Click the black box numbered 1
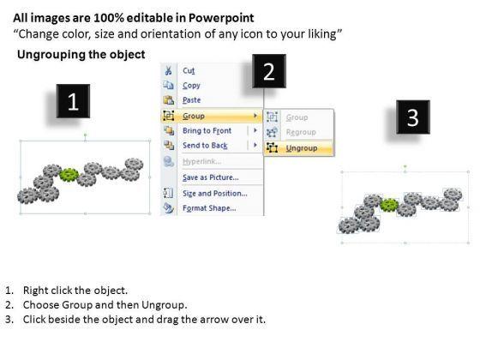coord(73,101)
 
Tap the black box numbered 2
coord(269,71)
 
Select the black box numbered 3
coord(413,117)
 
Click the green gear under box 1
coord(69,175)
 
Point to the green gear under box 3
coord(389,205)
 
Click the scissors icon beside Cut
coord(168,70)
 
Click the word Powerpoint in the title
coord(221,18)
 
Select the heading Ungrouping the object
coord(81,55)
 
